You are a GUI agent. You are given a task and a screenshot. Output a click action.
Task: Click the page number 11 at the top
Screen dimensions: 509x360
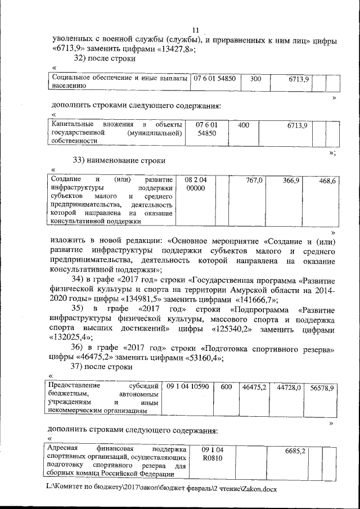coord(196,30)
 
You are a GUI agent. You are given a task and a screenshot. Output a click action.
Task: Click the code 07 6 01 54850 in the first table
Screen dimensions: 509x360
coord(215,79)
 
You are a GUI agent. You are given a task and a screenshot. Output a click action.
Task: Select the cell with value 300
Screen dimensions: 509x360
coord(255,79)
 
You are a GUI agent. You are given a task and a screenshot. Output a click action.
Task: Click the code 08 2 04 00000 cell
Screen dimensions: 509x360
coord(196,184)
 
